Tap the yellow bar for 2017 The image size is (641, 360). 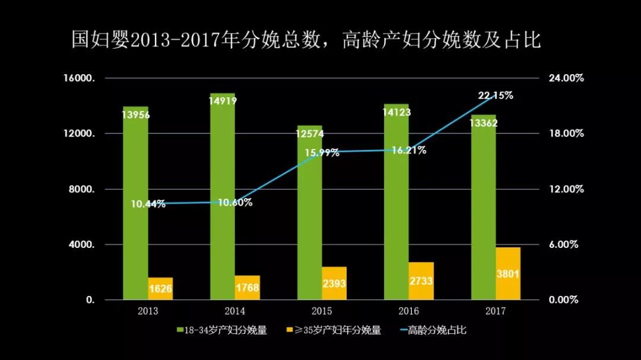pyautogui.click(x=507, y=273)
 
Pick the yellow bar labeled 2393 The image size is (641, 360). pyautogui.click(x=334, y=283)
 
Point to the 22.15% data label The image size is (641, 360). pyautogui.click(x=496, y=95)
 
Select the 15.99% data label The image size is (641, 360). pyautogui.click(x=322, y=152)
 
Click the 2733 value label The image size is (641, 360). pyautogui.click(x=421, y=281)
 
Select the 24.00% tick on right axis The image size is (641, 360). pyautogui.click(x=565, y=78)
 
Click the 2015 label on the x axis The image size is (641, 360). pyautogui.click(x=322, y=311)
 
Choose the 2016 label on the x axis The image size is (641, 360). pyautogui.click(x=409, y=311)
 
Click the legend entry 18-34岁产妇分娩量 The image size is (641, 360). pyautogui.click(x=222, y=330)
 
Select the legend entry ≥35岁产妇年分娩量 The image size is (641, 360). pyautogui.click(x=334, y=330)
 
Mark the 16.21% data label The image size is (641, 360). pyautogui.click(x=408, y=151)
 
